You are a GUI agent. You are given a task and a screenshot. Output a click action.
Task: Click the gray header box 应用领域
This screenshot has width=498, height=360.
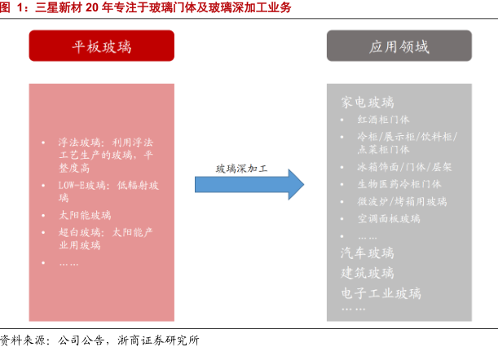pyautogui.click(x=399, y=46)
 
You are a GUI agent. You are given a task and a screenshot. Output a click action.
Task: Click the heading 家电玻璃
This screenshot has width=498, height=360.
pyautogui.click(x=368, y=103)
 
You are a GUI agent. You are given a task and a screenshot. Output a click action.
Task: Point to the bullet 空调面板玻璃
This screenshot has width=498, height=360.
pyautogui.click(x=389, y=218)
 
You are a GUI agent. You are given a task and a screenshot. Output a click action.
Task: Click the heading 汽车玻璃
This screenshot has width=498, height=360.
pyautogui.click(x=368, y=252)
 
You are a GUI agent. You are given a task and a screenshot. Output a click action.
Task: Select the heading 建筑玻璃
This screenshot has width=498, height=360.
pyautogui.click(x=368, y=272)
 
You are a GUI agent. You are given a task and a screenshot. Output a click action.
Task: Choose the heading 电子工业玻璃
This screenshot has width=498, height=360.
pyautogui.click(x=381, y=292)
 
